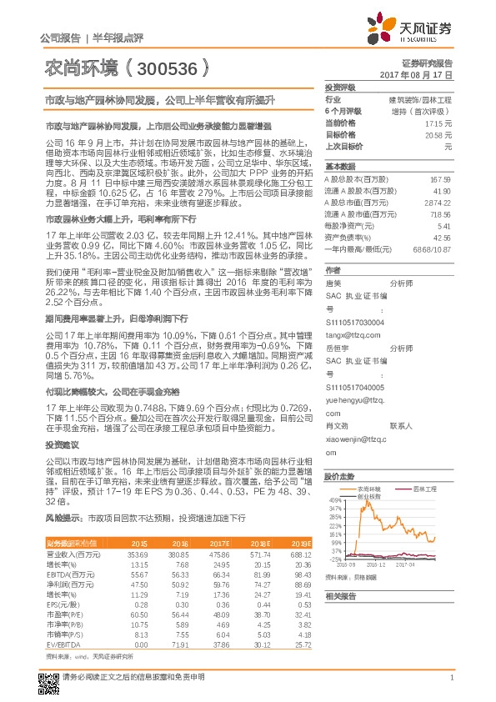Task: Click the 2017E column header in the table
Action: click(x=219, y=543)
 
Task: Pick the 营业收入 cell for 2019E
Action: click(x=299, y=554)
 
